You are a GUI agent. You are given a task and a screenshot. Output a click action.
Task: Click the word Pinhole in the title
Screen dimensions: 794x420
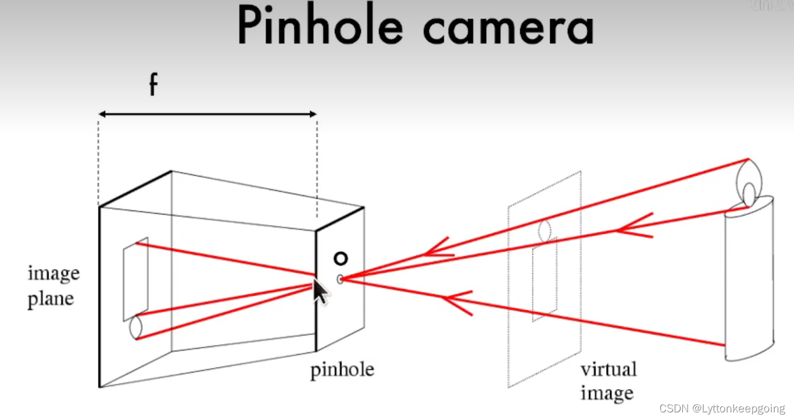[321, 27]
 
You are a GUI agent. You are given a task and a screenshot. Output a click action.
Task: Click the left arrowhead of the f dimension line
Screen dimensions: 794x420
[102, 114]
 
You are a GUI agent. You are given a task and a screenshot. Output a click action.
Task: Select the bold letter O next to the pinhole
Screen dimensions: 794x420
[341, 258]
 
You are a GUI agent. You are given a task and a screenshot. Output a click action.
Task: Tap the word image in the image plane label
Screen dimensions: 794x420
[54, 274]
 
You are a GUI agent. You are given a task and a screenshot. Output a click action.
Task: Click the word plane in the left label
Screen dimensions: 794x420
[51, 298]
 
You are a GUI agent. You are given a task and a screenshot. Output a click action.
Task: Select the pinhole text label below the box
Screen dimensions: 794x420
[342, 370]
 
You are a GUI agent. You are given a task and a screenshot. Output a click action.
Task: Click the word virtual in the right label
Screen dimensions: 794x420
[608, 370]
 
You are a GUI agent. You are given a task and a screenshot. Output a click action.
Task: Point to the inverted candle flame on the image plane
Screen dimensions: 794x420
[136, 327]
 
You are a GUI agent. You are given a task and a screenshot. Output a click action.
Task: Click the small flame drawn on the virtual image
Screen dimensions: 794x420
[545, 231]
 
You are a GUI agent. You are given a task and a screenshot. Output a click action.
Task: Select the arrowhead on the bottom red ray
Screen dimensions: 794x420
[456, 302]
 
